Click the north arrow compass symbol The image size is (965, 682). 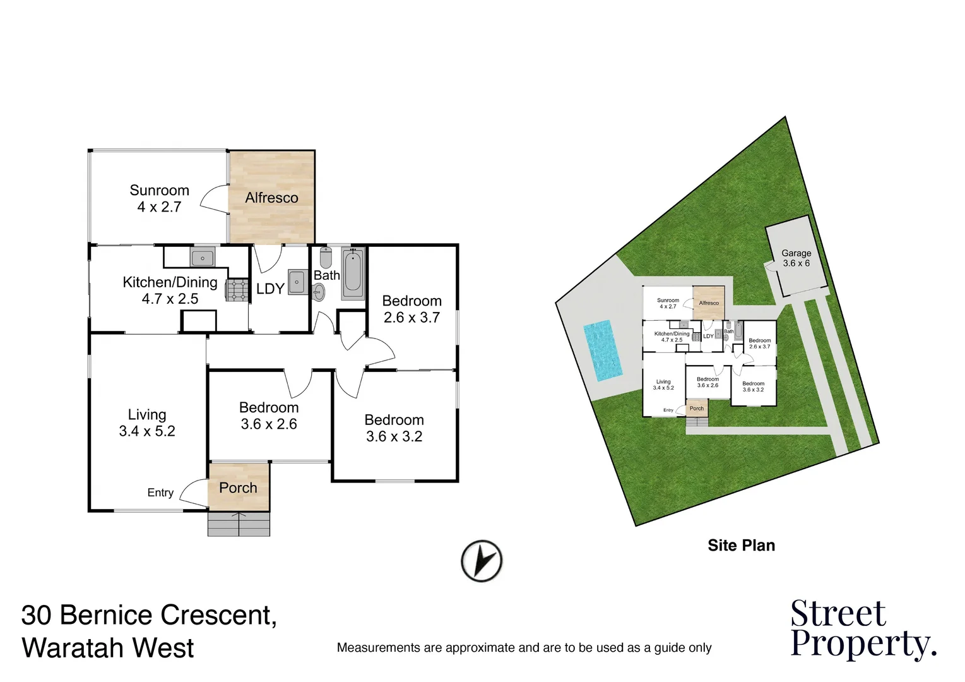pyautogui.click(x=482, y=560)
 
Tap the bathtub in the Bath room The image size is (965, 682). pyautogui.click(x=353, y=274)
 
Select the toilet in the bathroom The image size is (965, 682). pyautogui.click(x=326, y=258)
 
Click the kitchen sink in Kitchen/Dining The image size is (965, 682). pyautogui.click(x=203, y=257)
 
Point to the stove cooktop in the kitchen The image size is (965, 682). pyautogui.click(x=236, y=290)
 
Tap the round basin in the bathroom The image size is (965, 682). pyautogui.click(x=319, y=291)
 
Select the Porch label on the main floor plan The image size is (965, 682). pyautogui.click(x=238, y=488)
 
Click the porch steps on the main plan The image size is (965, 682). pyautogui.click(x=239, y=523)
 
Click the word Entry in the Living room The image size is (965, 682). pyautogui.click(x=160, y=493)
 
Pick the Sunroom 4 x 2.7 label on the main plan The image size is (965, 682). pyautogui.click(x=159, y=198)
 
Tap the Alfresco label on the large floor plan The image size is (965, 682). pyautogui.click(x=271, y=198)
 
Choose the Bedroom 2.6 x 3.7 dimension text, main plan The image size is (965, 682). pyautogui.click(x=411, y=317)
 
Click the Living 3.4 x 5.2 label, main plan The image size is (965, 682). pyautogui.click(x=147, y=423)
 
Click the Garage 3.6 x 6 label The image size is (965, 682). pyautogui.click(x=796, y=258)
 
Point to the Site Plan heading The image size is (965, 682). pyautogui.click(x=741, y=545)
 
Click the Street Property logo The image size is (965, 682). pyautogui.click(x=862, y=629)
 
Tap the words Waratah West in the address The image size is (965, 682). pyautogui.click(x=108, y=648)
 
